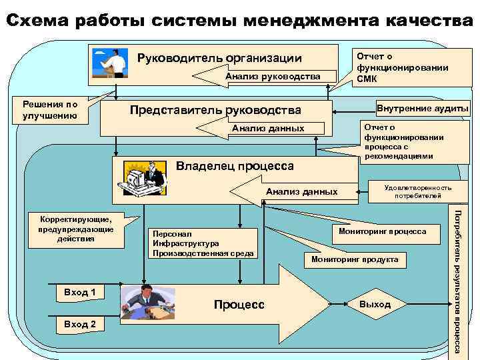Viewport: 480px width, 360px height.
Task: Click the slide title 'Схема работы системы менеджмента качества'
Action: (240, 20)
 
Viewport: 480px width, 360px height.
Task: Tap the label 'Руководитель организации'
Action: (219, 58)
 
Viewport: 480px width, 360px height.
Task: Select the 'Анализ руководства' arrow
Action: (273, 77)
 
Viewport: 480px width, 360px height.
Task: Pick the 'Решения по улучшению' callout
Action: (50, 110)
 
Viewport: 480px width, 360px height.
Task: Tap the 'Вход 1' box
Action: (79, 292)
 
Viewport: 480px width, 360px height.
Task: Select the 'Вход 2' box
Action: (79, 324)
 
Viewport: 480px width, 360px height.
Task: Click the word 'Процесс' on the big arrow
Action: (239, 305)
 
